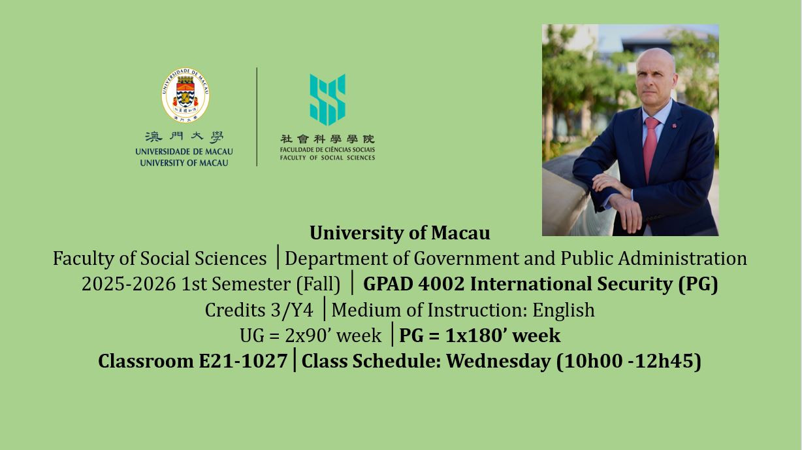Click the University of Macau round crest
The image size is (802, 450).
click(185, 95)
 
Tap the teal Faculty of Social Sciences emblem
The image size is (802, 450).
click(328, 99)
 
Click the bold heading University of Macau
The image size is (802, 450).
click(400, 233)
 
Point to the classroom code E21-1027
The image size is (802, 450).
click(243, 360)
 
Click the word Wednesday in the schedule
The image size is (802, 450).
click(498, 360)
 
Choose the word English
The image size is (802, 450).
click(563, 310)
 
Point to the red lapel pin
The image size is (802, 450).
click(674, 126)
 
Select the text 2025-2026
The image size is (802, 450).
click(129, 284)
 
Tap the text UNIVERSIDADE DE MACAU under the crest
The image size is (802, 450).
click(184, 152)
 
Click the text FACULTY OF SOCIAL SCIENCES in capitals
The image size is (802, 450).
click(327, 158)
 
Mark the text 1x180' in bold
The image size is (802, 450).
click(472, 336)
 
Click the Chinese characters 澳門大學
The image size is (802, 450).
click(184, 137)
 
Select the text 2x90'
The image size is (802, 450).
click(308, 336)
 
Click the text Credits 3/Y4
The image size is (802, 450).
click(259, 310)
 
